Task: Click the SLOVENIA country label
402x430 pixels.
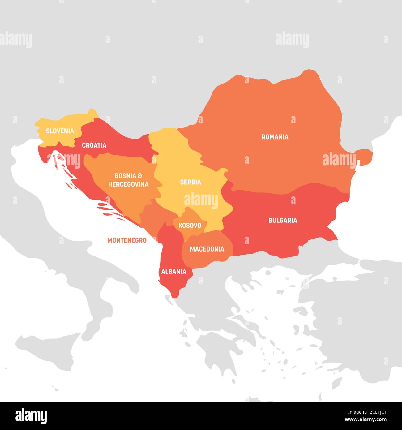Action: click(60, 131)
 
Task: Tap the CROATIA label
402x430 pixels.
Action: click(94, 145)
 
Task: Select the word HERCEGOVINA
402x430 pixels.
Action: click(128, 184)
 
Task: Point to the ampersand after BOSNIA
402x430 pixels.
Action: click(140, 176)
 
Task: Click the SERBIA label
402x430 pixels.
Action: click(190, 182)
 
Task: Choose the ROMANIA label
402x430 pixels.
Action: click(275, 137)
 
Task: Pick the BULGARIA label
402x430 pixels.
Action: click(283, 220)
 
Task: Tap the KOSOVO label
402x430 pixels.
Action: click(190, 226)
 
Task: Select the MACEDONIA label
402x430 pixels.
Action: click(207, 249)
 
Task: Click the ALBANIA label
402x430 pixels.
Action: click(173, 272)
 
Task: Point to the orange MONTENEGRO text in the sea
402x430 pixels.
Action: click(127, 240)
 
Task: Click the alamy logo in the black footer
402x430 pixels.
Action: click(31, 416)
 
